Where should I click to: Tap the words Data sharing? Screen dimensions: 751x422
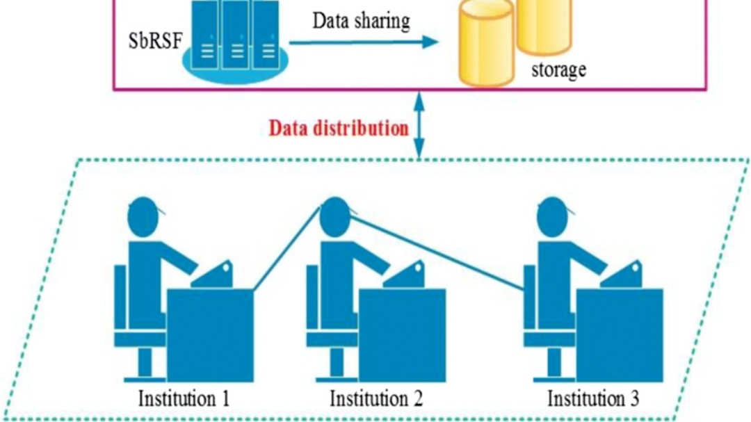click(x=361, y=21)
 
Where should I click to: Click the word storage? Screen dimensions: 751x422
click(x=558, y=70)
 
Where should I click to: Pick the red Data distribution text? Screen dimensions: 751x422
click(x=339, y=128)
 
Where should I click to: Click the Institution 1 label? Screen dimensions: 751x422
click(x=184, y=399)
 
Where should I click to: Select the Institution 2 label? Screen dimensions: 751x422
click(x=375, y=399)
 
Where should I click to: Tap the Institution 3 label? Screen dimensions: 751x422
click(x=593, y=399)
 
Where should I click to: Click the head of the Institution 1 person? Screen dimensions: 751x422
click(x=147, y=215)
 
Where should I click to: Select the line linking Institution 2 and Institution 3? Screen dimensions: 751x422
click(x=438, y=254)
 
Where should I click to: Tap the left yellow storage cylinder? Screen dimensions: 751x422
click(x=485, y=42)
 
